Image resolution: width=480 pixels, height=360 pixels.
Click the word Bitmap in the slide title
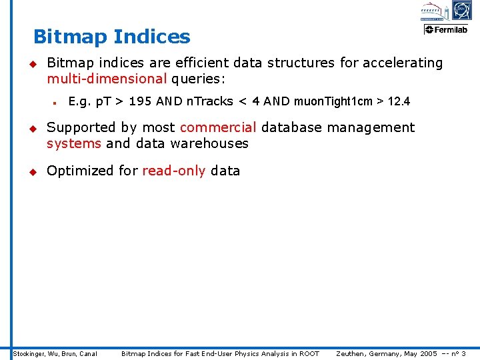pyautogui.click(x=70, y=37)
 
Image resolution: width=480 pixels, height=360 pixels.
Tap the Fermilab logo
pyautogui.click(x=447, y=29)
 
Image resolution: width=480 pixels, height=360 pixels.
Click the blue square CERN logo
pyautogui.click(x=461, y=10)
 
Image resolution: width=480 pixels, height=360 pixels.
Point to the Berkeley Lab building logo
pyautogui.click(x=431, y=11)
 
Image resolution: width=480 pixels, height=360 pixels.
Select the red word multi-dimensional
pyautogui.click(x=107, y=79)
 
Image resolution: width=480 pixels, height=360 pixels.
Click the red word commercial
pyautogui.click(x=218, y=127)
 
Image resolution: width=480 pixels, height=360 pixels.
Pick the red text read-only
pyautogui.click(x=174, y=171)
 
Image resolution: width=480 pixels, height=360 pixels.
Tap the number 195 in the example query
pyautogui.click(x=140, y=102)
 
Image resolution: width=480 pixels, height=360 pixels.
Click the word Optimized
pyautogui.click(x=81, y=171)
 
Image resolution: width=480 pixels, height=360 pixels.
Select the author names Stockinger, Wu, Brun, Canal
pyautogui.click(x=55, y=353)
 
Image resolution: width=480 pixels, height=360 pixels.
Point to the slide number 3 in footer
pyautogui.click(x=463, y=353)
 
